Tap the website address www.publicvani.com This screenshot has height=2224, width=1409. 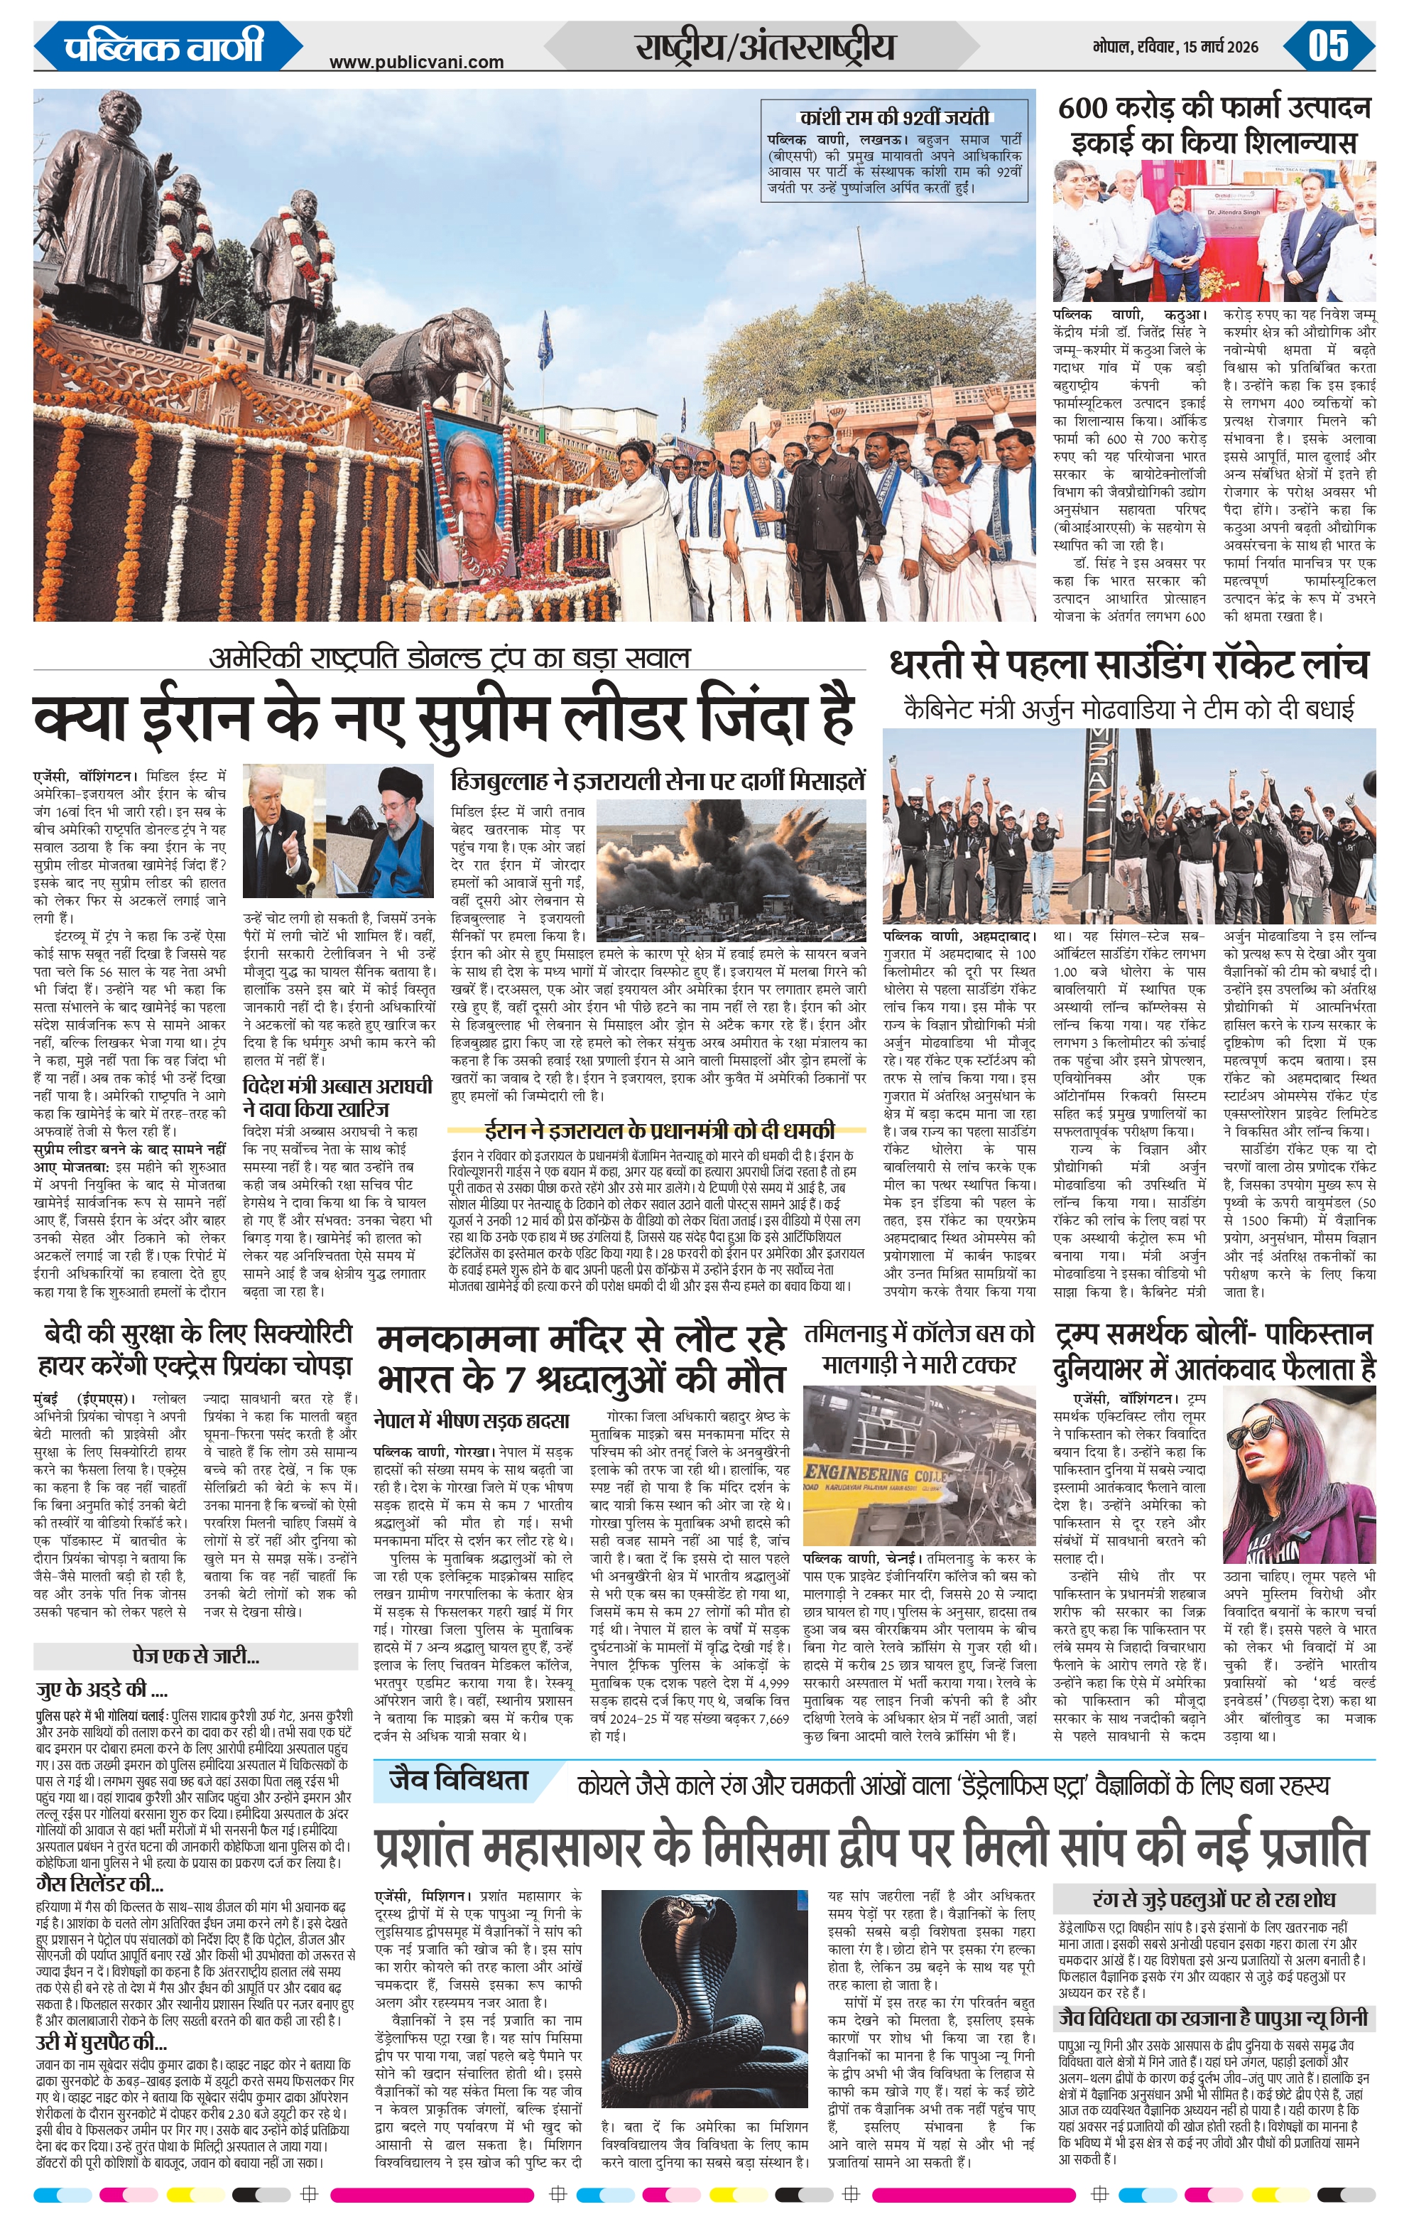416,62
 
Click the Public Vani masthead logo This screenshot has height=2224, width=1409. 164,46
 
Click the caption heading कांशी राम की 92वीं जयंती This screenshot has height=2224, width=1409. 895,117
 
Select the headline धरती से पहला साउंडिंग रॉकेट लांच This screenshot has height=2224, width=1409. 1128,665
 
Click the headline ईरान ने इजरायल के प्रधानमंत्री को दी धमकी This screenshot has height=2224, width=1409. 658,1130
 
